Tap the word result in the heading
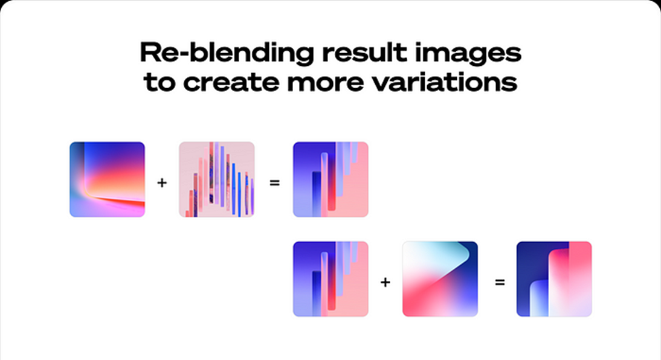click(x=365, y=53)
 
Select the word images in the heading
click(x=468, y=55)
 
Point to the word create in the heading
click(x=231, y=83)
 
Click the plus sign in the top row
click(x=162, y=182)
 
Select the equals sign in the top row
click(x=274, y=183)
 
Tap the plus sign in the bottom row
click(x=385, y=282)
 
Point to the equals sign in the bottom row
click(x=500, y=282)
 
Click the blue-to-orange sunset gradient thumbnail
click(x=107, y=179)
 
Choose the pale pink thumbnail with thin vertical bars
click(x=217, y=179)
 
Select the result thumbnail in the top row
click(x=330, y=179)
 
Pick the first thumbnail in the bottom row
click(x=330, y=279)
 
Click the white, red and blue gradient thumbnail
click(x=440, y=279)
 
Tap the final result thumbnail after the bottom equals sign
click(x=554, y=279)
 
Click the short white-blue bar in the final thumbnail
click(x=539, y=298)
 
